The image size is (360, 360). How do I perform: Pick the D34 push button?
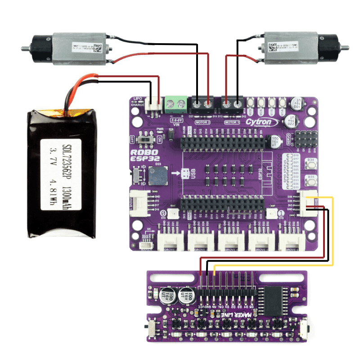click(x=310, y=165)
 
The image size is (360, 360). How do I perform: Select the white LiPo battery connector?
click(x=153, y=104)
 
